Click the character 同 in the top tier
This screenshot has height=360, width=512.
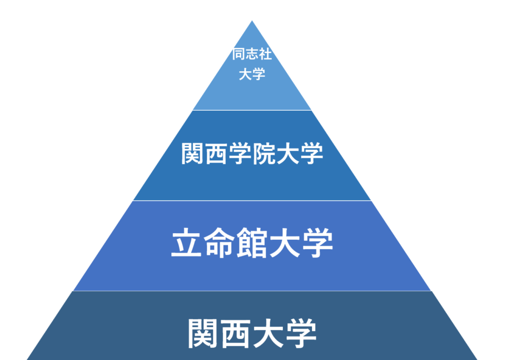pyautogui.click(x=239, y=55)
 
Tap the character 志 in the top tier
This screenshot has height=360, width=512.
pyautogui.click(x=252, y=55)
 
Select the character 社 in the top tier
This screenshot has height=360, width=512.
pyautogui.click(x=266, y=55)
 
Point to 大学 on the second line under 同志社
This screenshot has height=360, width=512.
pyautogui.click(x=252, y=74)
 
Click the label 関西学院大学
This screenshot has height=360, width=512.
pyautogui.click(x=252, y=154)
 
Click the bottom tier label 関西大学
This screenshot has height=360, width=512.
pyautogui.click(x=252, y=332)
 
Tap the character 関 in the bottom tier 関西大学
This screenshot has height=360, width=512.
pyautogui.click(x=203, y=332)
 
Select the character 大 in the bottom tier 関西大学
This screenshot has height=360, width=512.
pyautogui.click(x=269, y=332)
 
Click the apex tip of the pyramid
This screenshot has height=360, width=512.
pyautogui.click(x=252, y=22)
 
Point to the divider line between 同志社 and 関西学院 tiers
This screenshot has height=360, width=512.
pyautogui.click(x=252, y=110)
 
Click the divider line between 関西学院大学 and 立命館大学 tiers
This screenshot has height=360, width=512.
pyautogui.click(x=252, y=200)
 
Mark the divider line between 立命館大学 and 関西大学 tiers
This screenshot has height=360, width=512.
pyautogui.click(x=252, y=290)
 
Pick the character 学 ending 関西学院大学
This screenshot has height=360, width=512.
pyautogui.click(x=311, y=154)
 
